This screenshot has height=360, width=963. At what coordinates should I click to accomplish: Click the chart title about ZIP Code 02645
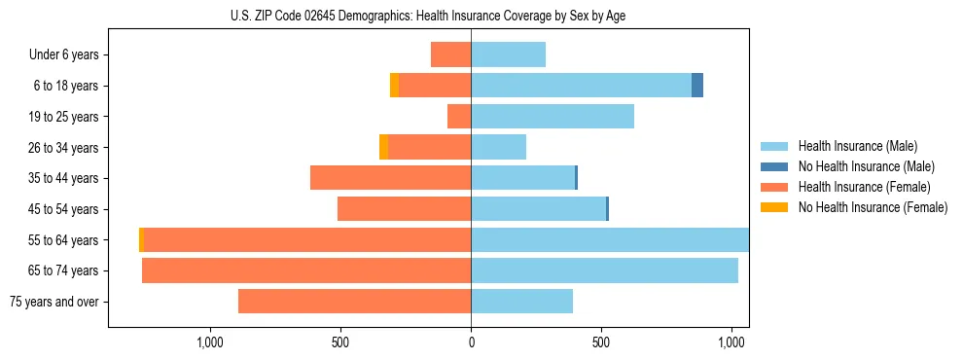[x=471, y=16]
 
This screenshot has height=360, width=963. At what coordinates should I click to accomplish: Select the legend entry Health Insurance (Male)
[x=856, y=146]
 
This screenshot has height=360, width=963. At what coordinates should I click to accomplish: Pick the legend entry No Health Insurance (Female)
[x=873, y=207]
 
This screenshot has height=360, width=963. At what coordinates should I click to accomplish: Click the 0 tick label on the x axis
[x=471, y=342]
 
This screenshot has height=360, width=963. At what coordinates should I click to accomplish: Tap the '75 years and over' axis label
[x=54, y=302]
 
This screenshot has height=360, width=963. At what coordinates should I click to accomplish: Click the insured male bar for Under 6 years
[x=508, y=54]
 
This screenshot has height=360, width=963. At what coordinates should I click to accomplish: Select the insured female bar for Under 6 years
[x=450, y=54]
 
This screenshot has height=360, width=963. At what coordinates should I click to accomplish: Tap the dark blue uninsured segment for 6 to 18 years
[x=697, y=86]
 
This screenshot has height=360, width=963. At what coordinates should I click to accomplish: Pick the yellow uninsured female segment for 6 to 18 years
[x=394, y=86]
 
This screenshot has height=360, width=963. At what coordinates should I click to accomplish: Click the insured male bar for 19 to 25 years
[x=553, y=117]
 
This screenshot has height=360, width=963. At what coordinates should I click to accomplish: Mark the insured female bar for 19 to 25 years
[x=459, y=117]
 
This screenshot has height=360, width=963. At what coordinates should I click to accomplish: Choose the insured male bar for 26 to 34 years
[x=498, y=148]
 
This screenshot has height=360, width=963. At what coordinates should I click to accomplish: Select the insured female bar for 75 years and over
[x=354, y=302]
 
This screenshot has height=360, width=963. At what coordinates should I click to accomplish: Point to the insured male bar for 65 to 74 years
[x=604, y=270]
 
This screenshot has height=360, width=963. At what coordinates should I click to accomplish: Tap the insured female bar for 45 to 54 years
[x=404, y=209]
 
